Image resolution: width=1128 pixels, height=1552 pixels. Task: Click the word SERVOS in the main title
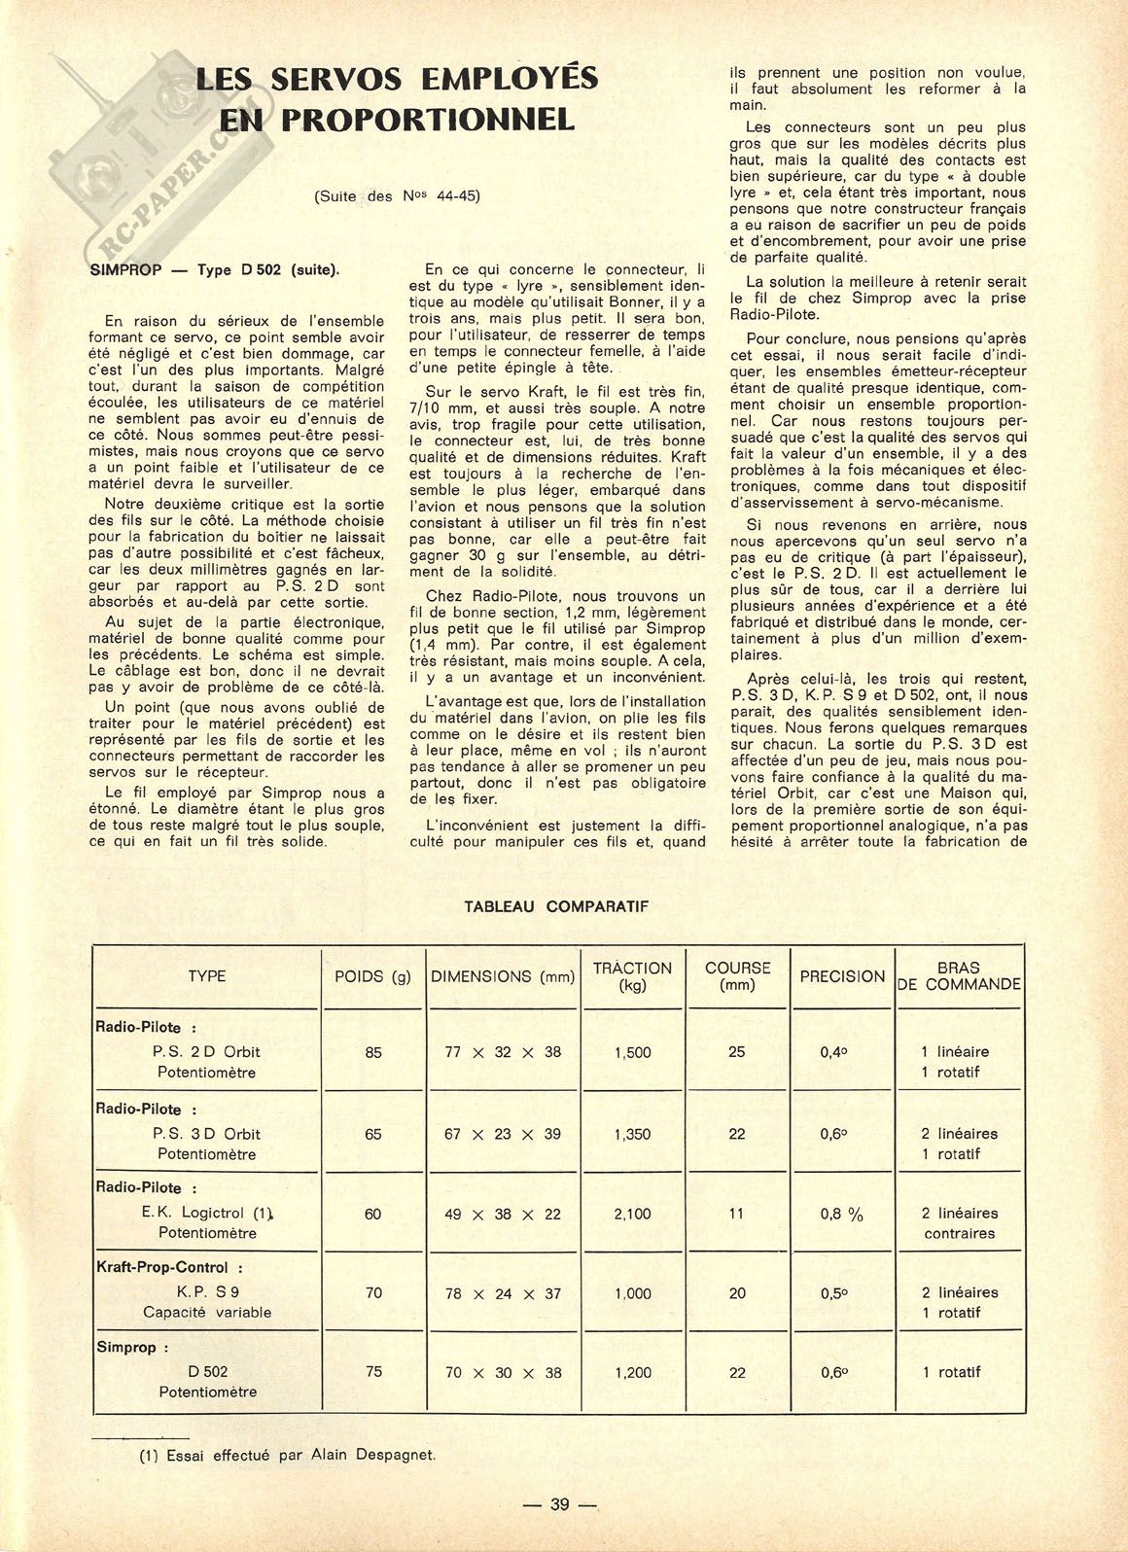point(332,78)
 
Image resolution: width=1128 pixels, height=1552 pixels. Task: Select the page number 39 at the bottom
point(559,1503)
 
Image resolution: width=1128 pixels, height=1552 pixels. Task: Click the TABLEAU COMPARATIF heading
point(556,906)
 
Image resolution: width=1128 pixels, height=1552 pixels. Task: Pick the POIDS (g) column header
point(372,976)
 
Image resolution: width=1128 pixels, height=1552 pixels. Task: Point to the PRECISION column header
point(842,976)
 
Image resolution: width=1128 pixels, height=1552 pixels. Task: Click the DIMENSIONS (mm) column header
point(503,976)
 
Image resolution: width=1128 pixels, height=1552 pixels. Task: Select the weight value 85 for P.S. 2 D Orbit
point(372,1052)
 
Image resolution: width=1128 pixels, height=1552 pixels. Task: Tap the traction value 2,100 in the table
point(633,1214)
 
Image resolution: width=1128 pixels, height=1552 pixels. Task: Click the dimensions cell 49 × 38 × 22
point(503,1214)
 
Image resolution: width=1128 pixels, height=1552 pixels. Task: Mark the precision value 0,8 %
point(842,1214)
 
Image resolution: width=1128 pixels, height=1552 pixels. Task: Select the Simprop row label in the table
point(132,1348)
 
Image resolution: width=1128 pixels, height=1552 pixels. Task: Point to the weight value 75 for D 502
point(372,1372)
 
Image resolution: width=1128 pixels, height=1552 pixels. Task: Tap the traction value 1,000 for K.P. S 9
point(633,1293)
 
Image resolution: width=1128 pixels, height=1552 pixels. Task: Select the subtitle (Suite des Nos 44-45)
point(398,195)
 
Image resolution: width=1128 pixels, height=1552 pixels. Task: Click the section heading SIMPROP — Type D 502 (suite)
point(214,269)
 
